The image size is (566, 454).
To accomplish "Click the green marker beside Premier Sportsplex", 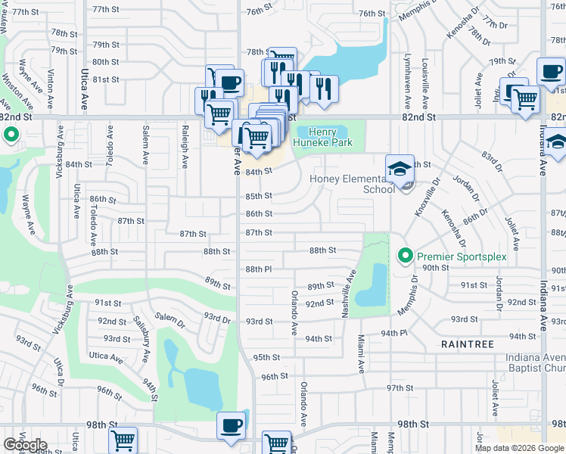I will pos(405,257).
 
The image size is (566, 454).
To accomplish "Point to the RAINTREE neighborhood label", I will pos(468,344).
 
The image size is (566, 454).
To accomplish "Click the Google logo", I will pos(25,445).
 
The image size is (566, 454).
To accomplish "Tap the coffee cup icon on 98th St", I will pos(230,426).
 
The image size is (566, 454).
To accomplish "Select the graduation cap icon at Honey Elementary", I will pos(400,169).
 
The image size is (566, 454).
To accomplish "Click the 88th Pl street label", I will pos(258,269).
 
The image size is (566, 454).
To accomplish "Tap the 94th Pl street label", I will pos(393,333).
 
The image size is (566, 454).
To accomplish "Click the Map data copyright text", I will pos(518,448).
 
